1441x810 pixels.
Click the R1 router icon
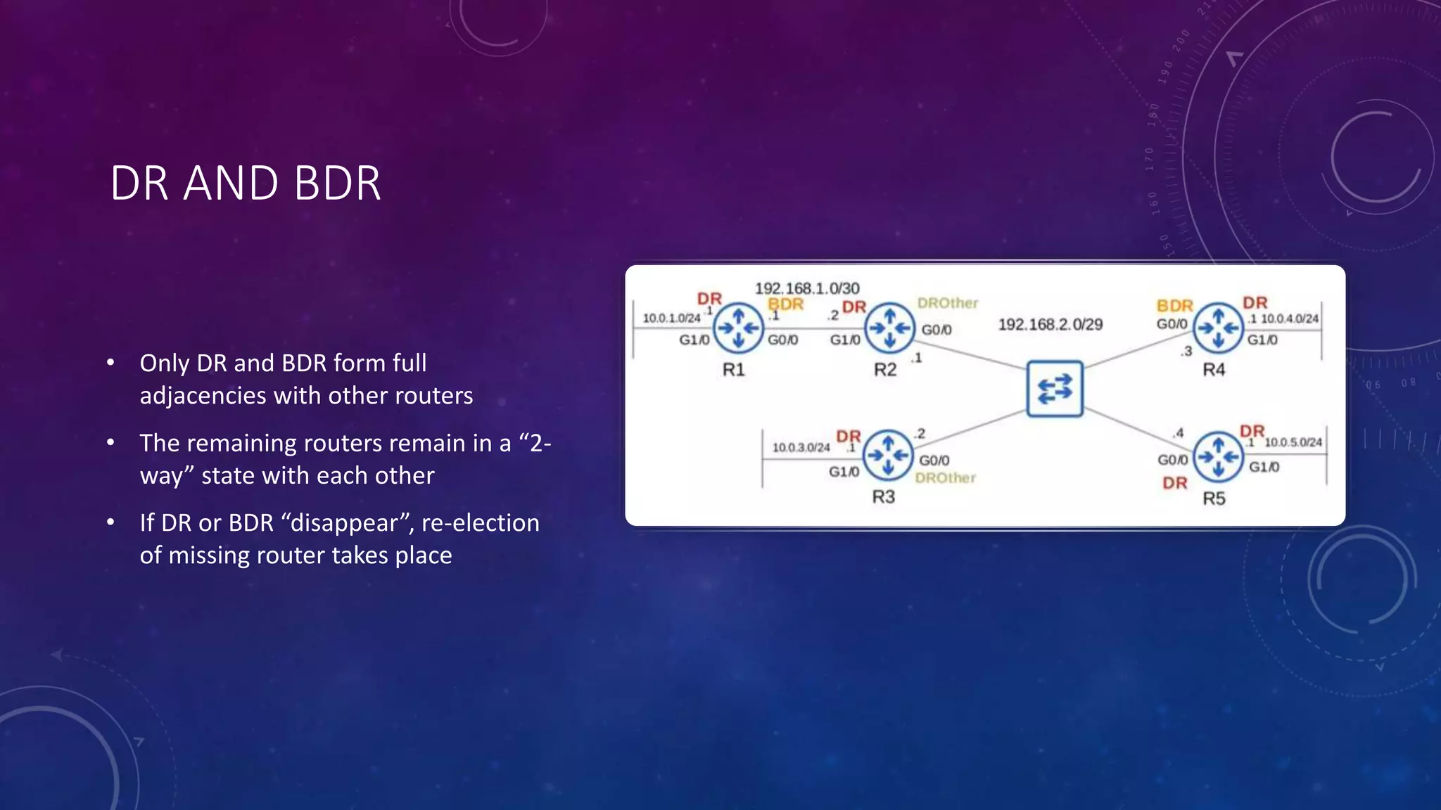[x=738, y=328]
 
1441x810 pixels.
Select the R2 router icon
[x=889, y=328]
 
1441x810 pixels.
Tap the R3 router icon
[x=888, y=456]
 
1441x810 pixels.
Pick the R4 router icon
[x=1218, y=328]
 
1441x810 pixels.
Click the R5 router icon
[x=1218, y=457]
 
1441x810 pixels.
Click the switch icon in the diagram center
[x=1054, y=389]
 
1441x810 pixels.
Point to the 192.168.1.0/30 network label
[x=807, y=288]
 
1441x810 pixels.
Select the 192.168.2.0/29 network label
[x=1050, y=324]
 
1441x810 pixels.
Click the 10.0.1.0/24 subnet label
[x=671, y=319]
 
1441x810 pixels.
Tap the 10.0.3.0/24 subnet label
[x=801, y=447]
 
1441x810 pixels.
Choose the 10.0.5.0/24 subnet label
[x=1293, y=442]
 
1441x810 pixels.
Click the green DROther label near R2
[x=947, y=303]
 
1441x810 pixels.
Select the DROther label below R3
[x=945, y=478]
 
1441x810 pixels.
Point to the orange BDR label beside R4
[x=1174, y=306]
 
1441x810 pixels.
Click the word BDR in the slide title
[x=337, y=184]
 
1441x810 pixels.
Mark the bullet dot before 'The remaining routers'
[x=110, y=443]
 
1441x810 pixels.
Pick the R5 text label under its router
[x=1214, y=499]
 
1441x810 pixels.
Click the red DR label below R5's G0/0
[x=1174, y=483]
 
